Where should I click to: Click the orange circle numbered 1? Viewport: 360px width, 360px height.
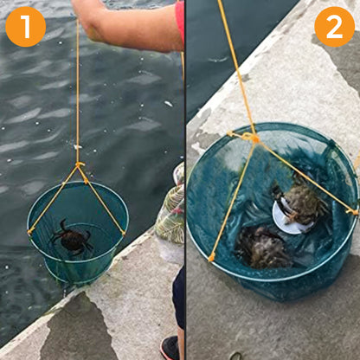click(x=25, y=26)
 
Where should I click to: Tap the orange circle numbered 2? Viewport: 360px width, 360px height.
click(x=334, y=26)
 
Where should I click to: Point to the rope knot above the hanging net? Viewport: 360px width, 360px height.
click(x=79, y=164)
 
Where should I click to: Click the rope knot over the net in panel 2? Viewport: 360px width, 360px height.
click(x=250, y=137)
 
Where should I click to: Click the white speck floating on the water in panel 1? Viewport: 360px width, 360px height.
click(x=168, y=104)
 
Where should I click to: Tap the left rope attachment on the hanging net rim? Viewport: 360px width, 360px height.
click(x=32, y=230)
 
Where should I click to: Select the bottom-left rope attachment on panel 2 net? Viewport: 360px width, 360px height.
click(x=211, y=257)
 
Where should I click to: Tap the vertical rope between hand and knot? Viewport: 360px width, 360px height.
click(x=78, y=95)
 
